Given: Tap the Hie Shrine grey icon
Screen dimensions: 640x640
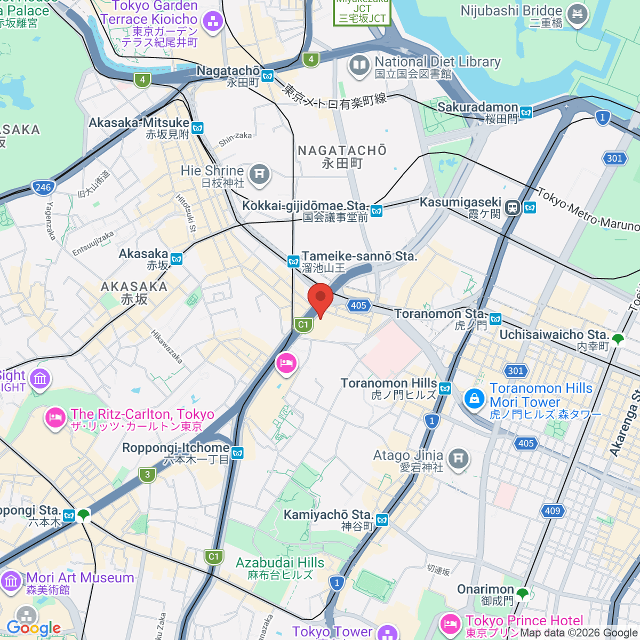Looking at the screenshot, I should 259,174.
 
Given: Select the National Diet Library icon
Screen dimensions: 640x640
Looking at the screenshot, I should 359,67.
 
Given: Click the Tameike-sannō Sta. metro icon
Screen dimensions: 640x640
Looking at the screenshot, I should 293,261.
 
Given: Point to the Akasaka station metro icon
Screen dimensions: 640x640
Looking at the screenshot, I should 177,259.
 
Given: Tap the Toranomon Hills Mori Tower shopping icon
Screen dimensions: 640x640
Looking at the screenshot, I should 474,398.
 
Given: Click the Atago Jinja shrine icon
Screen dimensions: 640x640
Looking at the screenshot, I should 458,458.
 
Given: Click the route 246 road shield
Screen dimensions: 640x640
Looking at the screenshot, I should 43,187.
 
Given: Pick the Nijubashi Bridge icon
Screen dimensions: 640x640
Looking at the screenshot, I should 577,14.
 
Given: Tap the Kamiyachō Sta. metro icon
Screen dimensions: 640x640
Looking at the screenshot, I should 382,520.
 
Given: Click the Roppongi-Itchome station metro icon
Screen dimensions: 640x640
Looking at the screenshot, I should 237,453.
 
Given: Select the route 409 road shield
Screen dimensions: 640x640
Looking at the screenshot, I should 553,510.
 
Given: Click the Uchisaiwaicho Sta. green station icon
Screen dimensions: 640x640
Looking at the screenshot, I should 618,339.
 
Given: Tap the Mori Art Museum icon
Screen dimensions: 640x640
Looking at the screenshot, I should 11,581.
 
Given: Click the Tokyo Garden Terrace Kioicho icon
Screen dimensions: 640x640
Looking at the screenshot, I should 213,22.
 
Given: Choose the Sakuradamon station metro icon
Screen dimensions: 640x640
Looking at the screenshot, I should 526,113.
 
